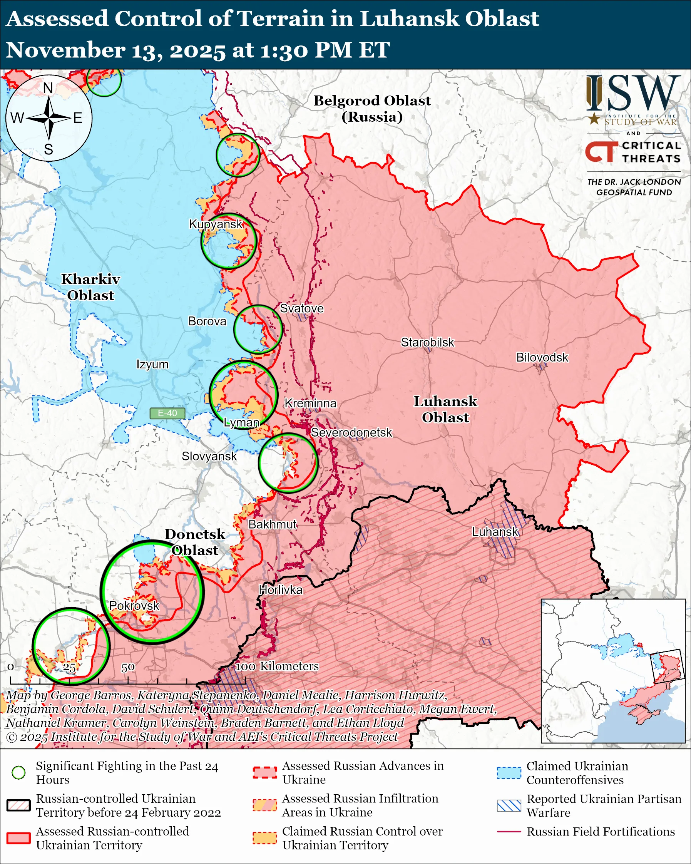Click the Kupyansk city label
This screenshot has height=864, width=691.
tap(216, 224)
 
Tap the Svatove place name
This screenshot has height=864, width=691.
tap(302, 308)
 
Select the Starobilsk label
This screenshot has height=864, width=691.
tap(427, 343)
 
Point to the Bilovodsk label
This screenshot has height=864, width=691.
tap(542, 357)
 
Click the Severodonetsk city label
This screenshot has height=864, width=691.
tap(351, 433)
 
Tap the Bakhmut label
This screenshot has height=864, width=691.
tap(273, 524)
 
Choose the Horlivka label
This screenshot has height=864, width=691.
tap(280, 590)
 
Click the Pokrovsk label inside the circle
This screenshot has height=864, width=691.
tap(134, 606)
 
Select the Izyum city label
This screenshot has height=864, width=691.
tap(152, 364)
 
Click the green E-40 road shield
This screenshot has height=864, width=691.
tap(167, 413)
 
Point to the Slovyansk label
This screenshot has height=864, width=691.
tap(209, 456)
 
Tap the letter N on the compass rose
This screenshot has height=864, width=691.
tap(48, 88)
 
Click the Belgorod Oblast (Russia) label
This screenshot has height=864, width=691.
tap(372, 109)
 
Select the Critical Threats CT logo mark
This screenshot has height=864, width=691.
tap(601, 152)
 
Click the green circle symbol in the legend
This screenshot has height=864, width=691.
tap(18, 773)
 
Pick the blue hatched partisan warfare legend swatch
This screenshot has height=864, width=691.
tap(509, 806)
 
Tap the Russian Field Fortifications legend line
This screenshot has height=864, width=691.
tap(509, 832)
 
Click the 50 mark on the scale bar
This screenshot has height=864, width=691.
tap(128, 668)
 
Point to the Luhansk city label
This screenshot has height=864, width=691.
tap(495, 532)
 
